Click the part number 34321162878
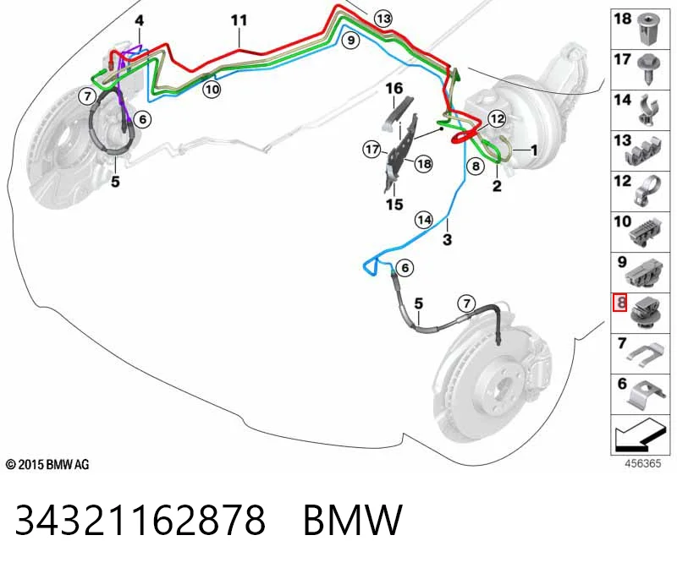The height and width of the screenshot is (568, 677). click(x=140, y=520)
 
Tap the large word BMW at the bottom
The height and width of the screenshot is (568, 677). click(x=353, y=520)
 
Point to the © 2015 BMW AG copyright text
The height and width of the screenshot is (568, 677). click(x=47, y=465)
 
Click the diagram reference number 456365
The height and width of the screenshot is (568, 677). click(x=643, y=464)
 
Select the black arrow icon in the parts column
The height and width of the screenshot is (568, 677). click(x=639, y=435)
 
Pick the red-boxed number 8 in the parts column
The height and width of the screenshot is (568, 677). click(x=620, y=303)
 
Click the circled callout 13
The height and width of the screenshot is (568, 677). click(x=383, y=19)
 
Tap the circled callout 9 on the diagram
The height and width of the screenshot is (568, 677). click(x=350, y=40)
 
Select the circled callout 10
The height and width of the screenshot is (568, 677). click(x=212, y=90)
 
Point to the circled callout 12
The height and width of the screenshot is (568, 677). click(x=497, y=118)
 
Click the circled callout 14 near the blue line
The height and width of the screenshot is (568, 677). click(x=424, y=220)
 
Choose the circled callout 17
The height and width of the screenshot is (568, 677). click(x=372, y=150)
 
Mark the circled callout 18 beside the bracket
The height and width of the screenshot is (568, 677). click(x=424, y=164)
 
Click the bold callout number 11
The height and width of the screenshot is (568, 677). click(x=239, y=20)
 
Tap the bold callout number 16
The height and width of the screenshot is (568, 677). click(x=394, y=89)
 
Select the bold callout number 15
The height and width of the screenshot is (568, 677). click(x=394, y=204)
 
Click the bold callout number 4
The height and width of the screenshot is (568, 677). click(x=139, y=20)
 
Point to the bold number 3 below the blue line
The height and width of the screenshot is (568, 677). click(x=448, y=239)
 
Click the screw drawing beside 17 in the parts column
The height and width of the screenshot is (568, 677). click(x=647, y=69)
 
